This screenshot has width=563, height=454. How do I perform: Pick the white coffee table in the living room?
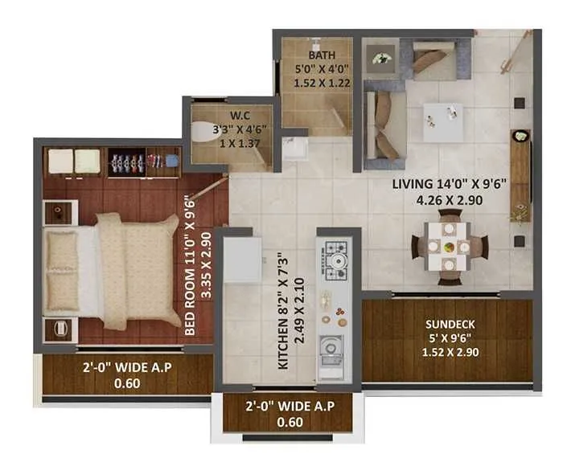pyautogui.click(x=442, y=122)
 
